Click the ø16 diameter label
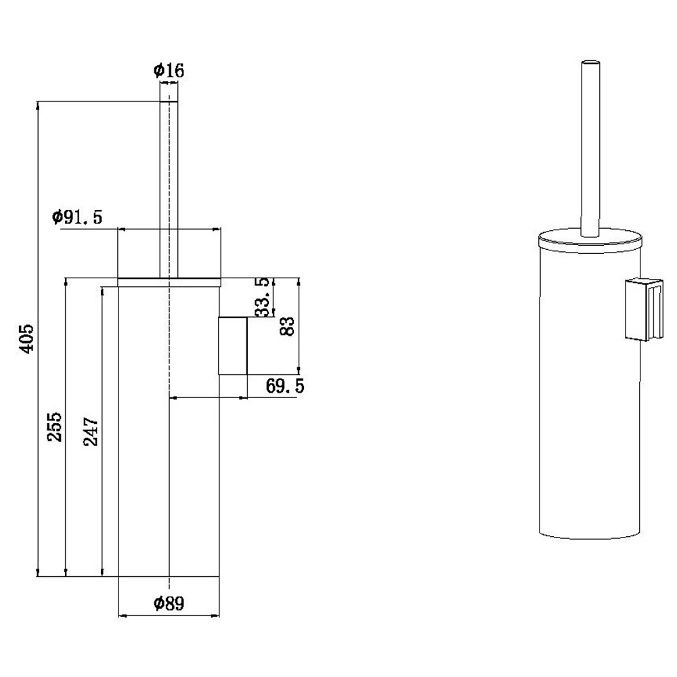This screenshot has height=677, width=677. tap(169, 70)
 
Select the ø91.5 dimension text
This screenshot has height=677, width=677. tap(77, 217)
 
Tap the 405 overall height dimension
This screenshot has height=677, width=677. tap(27, 339)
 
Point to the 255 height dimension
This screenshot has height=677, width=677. tap(55, 427)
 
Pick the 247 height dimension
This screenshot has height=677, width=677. tap(91, 431)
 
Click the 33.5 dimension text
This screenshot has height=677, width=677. tap(263, 297)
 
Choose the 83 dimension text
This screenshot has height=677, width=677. tap(287, 326)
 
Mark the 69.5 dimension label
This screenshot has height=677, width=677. tap(285, 386)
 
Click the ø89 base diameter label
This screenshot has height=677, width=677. tap(169, 603)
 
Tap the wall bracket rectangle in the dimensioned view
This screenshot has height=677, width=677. tap(233, 346)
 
